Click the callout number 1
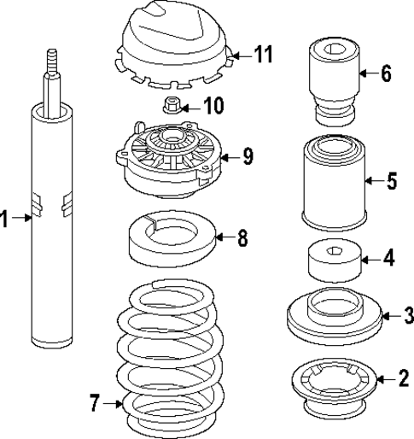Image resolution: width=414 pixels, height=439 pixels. pyautogui.click(x=5, y=220)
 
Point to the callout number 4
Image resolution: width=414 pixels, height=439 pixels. pyautogui.click(x=388, y=255)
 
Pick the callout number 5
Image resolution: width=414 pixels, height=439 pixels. pyautogui.click(x=391, y=181)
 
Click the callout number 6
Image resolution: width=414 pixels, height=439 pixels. pyautogui.click(x=385, y=73)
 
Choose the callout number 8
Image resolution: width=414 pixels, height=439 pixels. pyautogui.click(x=242, y=238)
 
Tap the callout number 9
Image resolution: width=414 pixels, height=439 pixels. pyautogui.click(x=247, y=156)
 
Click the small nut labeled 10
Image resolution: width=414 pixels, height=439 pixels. pyautogui.click(x=171, y=107)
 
